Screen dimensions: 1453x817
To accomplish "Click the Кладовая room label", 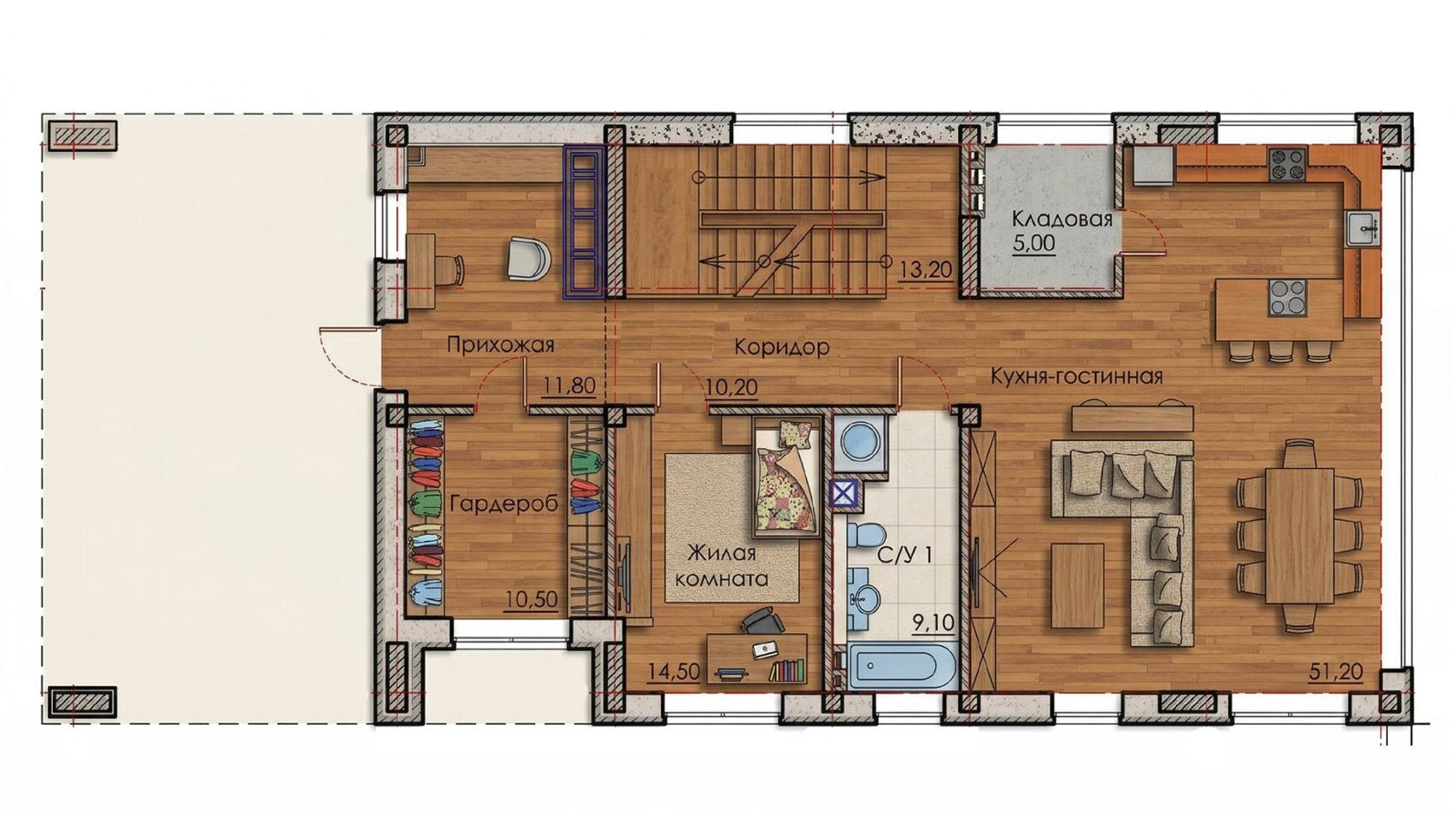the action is [1062, 219].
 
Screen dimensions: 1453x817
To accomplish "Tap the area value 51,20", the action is [1337, 673].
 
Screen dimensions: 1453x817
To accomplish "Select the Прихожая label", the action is [501, 344].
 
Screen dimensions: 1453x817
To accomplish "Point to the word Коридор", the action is [782, 348].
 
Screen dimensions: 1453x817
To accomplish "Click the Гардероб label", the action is [504, 504].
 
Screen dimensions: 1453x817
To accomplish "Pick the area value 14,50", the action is [674, 671].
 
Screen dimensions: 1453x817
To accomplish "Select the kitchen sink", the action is [1363, 229].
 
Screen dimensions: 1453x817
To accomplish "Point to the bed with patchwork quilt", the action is [787, 477].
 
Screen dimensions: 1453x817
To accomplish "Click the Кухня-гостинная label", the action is [1077, 376].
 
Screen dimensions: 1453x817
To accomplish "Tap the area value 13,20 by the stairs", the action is [926, 270].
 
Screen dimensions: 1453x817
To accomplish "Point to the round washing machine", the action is [860, 442].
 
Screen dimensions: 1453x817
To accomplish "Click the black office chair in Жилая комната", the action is [762, 621].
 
